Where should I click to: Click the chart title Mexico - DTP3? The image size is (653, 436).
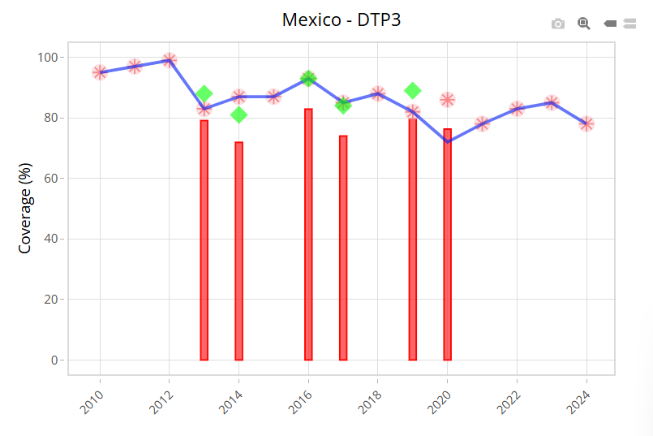[x=341, y=19]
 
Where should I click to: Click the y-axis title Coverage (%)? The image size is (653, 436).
[x=25, y=209]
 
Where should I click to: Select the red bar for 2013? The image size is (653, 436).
[x=204, y=240]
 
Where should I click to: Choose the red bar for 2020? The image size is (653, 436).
[x=447, y=244]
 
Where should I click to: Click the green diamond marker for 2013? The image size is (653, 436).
[x=204, y=93]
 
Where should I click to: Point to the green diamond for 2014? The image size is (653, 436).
[x=238, y=114]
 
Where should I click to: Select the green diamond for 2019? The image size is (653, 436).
[x=412, y=90]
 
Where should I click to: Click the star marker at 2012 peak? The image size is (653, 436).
[x=170, y=60]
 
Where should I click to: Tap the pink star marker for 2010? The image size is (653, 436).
[x=100, y=72]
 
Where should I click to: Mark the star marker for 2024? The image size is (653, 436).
[x=586, y=123]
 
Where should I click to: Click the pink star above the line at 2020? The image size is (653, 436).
[x=447, y=100]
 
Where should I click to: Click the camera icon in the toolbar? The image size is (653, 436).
[x=558, y=24]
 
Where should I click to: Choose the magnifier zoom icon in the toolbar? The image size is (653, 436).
[x=583, y=24]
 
